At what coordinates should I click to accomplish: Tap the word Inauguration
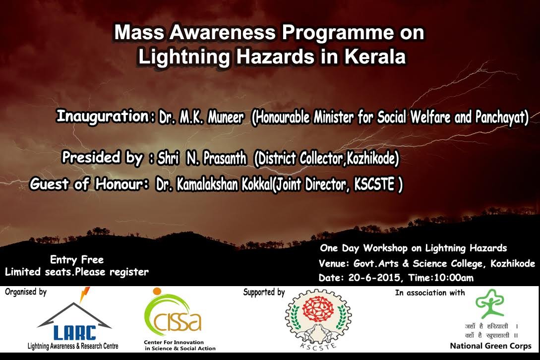pos(103,116)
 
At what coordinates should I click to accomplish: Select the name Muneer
pos(226,118)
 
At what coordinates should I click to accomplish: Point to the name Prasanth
pos(225,159)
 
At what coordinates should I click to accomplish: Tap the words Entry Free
pos(77,259)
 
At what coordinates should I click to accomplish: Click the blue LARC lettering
pos(75,332)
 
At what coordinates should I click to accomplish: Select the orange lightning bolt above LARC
pos(84,294)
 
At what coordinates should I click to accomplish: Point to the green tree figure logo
pos(490,303)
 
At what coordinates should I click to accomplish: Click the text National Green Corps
pos(490,346)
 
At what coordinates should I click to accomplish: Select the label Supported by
pos(264,293)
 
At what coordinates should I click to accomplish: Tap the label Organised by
pos(25,292)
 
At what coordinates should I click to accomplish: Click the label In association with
pos(430,293)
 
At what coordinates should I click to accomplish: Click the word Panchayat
pos(501,118)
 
